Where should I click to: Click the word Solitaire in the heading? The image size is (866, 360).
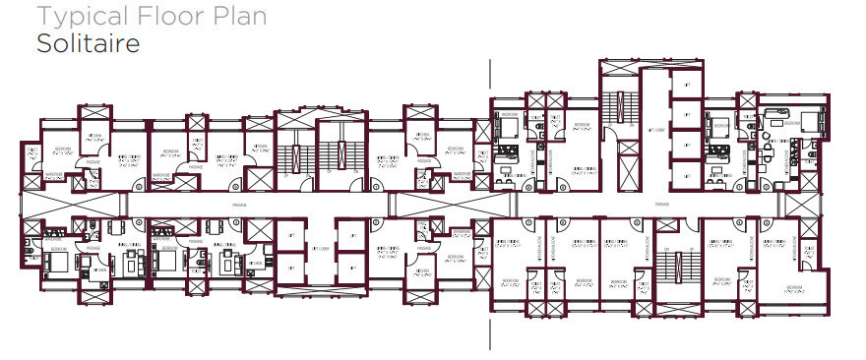point(88,44)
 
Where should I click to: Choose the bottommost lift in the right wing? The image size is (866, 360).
point(684,175)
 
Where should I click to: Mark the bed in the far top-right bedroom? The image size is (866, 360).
point(813,122)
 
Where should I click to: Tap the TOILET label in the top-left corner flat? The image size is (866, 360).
point(34,151)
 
